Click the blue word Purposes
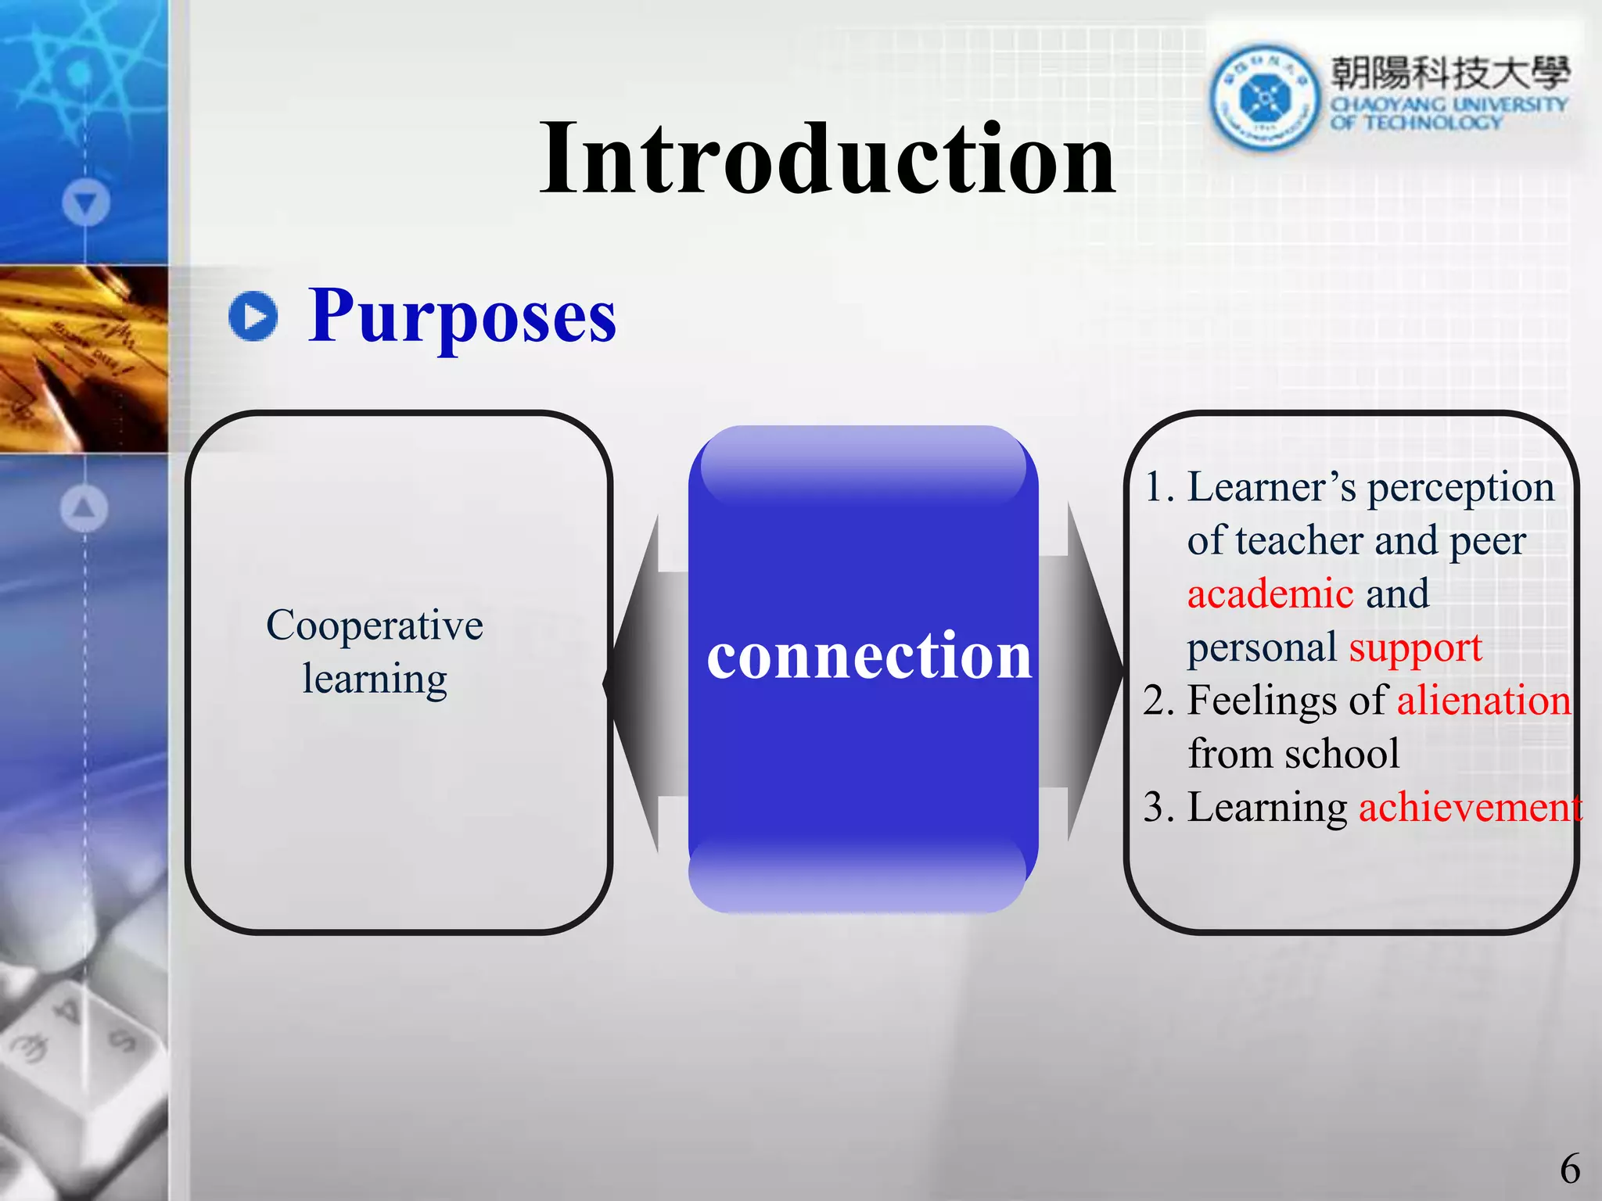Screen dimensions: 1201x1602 click(x=462, y=317)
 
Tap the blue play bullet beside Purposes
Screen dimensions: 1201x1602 click(x=253, y=316)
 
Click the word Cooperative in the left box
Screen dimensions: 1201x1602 click(x=375, y=626)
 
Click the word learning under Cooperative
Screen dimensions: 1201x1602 click(x=375, y=679)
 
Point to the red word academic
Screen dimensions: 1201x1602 click(x=1270, y=593)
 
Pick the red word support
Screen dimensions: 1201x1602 click(x=1415, y=647)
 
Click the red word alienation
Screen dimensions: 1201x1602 click(x=1483, y=700)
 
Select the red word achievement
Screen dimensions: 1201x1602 click(x=1469, y=807)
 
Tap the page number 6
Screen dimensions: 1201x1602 click(x=1569, y=1170)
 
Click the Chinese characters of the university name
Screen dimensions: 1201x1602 click(x=1449, y=73)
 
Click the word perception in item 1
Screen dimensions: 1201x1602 click(x=1460, y=487)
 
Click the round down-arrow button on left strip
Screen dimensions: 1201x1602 click(x=86, y=203)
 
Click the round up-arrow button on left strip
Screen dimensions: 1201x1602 click(x=84, y=508)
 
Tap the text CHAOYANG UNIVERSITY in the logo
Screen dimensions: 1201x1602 click(x=1449, y=104)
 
